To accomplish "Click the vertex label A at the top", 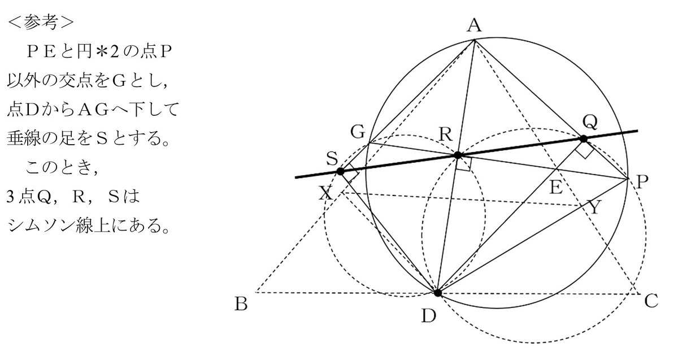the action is (474, 25).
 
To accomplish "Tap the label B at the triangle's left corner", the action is (241, 304).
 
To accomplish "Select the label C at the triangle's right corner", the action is (651, 301).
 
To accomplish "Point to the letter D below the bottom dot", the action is (429, 316).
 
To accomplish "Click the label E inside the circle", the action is (556, 187).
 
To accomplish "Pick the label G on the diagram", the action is (358, 132).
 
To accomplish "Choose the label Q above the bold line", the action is (590, 122).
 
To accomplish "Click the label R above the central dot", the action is (446, 134).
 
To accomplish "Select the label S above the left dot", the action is (332, 158).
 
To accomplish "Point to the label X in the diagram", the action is (326, 193).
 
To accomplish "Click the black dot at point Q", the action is (583, 139).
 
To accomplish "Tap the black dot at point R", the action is (458, 155).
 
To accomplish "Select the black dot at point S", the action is (341, 171).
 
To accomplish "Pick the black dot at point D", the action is (438, 293).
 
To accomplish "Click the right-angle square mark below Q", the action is (584, 150).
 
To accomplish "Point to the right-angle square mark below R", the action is (464, 164).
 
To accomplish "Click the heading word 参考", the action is (41, 23).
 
